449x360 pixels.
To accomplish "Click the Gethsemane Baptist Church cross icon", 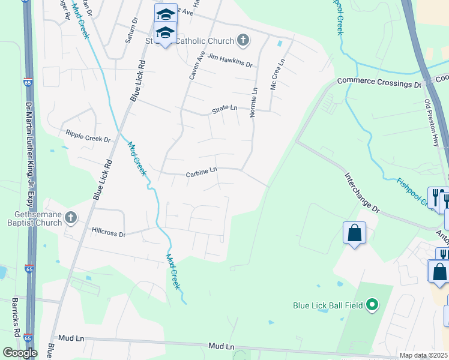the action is point(71,217).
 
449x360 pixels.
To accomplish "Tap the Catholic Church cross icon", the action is point(243,41).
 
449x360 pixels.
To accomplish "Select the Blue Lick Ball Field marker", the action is point(372,305).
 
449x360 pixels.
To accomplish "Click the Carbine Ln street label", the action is point(201,172).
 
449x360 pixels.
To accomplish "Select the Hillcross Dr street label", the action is point(109,230).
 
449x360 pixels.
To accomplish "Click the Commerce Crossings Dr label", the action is point(379,82).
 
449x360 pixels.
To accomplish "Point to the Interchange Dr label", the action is point(363,193).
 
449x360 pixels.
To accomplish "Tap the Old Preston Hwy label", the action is point(432,122).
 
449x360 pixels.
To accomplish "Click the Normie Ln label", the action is point(255,101).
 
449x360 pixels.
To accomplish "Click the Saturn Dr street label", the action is point(131,30).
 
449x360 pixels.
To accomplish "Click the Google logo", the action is point(20,353).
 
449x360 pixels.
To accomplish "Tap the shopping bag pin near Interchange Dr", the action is point(354,232).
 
